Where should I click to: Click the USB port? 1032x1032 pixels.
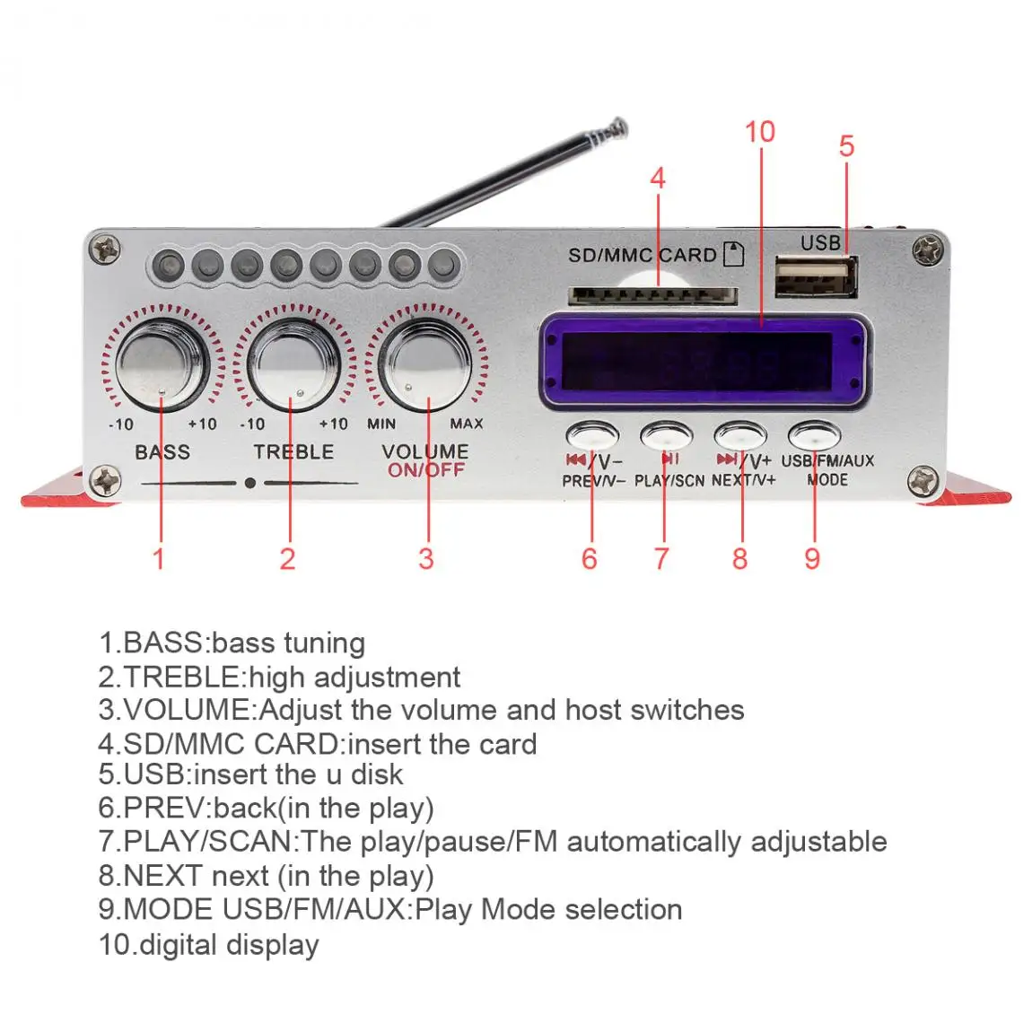coord(816,277)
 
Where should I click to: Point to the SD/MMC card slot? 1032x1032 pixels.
coord(653,296)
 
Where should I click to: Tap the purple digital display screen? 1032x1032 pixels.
coord(705,359)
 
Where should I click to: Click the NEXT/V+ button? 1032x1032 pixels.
coord(740,436)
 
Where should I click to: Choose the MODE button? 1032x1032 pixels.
coord(813,436)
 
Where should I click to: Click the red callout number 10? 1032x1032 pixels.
coord(759,132)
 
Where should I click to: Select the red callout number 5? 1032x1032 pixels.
coord(846,146)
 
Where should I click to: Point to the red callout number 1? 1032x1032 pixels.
coord(159,559)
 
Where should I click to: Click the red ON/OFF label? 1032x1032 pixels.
coord(426,470)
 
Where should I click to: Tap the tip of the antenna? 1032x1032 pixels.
coord(617,127)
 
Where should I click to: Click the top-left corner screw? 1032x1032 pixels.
coord(107,249)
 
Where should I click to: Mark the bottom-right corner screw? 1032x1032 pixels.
coord(923,481)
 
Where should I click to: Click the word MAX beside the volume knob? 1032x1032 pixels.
coord(466,424)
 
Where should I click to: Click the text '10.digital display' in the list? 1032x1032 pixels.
coord(208,944)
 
